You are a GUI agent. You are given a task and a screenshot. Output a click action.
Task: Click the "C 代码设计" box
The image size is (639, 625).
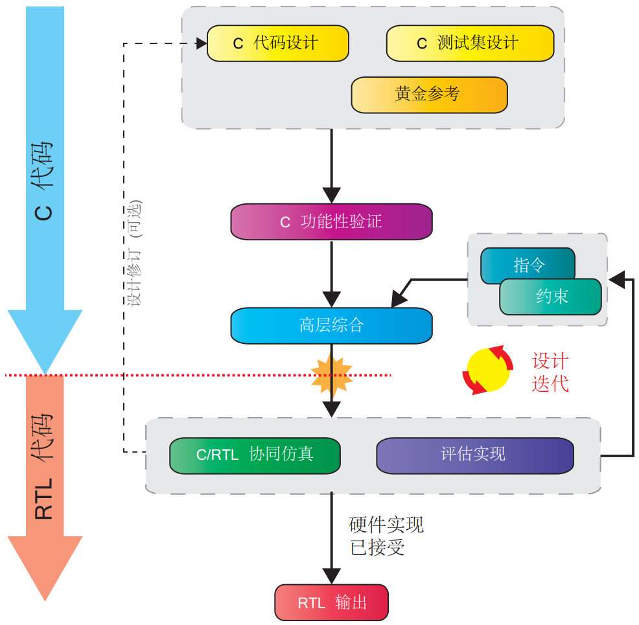point(277,43)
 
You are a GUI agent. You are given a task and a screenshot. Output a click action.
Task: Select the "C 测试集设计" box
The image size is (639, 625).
point(470,43)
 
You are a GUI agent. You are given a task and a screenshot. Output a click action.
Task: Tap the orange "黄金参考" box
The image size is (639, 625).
point(429,95)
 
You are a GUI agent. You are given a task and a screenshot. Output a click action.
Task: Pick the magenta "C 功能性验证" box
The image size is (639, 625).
point(331,222)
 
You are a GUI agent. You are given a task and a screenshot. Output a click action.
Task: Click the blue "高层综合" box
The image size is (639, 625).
point(331,325)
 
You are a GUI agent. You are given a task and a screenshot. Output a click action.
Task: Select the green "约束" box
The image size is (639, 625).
point(551,297)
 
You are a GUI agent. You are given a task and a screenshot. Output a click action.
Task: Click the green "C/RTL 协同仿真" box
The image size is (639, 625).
point(255,455)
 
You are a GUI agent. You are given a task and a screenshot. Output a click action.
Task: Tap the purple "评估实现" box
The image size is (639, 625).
point(474,455)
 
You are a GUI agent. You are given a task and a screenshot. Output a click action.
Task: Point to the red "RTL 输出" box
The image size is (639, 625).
point(331,602)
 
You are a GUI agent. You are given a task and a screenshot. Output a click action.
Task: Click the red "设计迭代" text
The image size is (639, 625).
point(550,372)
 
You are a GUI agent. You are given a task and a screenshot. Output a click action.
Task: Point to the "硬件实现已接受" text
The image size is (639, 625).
point(386,536)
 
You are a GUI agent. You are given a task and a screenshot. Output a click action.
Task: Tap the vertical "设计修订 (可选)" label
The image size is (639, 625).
point(135,253)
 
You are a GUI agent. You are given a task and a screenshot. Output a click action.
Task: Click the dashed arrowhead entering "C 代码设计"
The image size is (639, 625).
point(200,43)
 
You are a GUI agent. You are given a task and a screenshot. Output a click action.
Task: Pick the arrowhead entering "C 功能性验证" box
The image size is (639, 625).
point(331,196)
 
